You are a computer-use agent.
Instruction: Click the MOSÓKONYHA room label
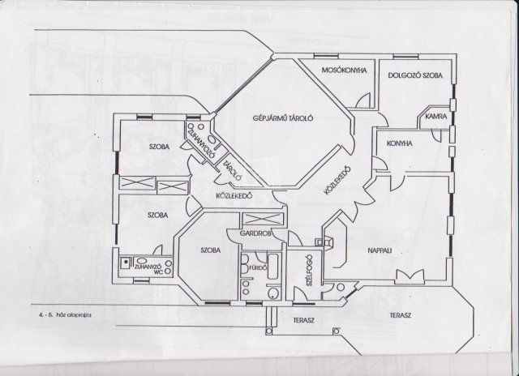pyautogui.click(x=335, y=70)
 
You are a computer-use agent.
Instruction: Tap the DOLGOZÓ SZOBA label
pyautogui.click(x=415, y=75)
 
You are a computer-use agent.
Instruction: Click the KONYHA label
pyautogui.click(x=401, y=143)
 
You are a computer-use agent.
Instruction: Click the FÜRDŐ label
pyautogui.click(x=259, y=267)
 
